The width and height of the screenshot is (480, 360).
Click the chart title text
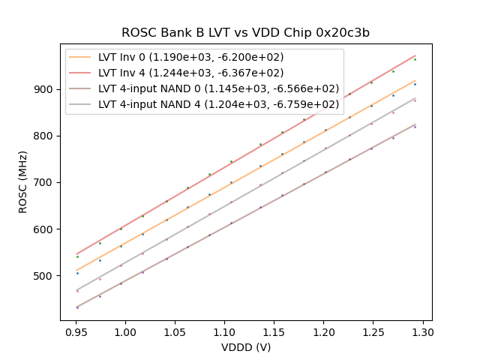point(245,33)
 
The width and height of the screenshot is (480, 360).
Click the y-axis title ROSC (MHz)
point(23,182)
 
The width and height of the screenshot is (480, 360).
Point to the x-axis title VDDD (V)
point(245,347)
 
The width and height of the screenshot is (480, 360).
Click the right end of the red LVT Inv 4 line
point(415,55)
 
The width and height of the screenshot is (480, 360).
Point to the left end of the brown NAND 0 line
point(76,307)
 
